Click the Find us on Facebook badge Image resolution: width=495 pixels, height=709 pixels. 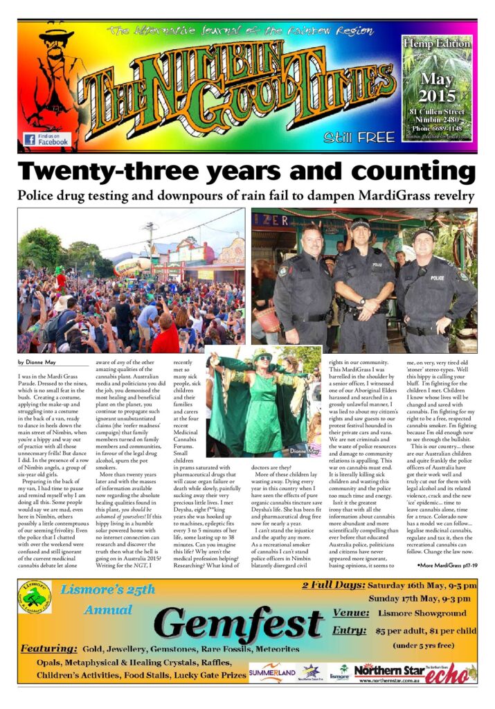(46, 139)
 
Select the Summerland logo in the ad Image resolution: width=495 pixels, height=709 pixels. (272, 672)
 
